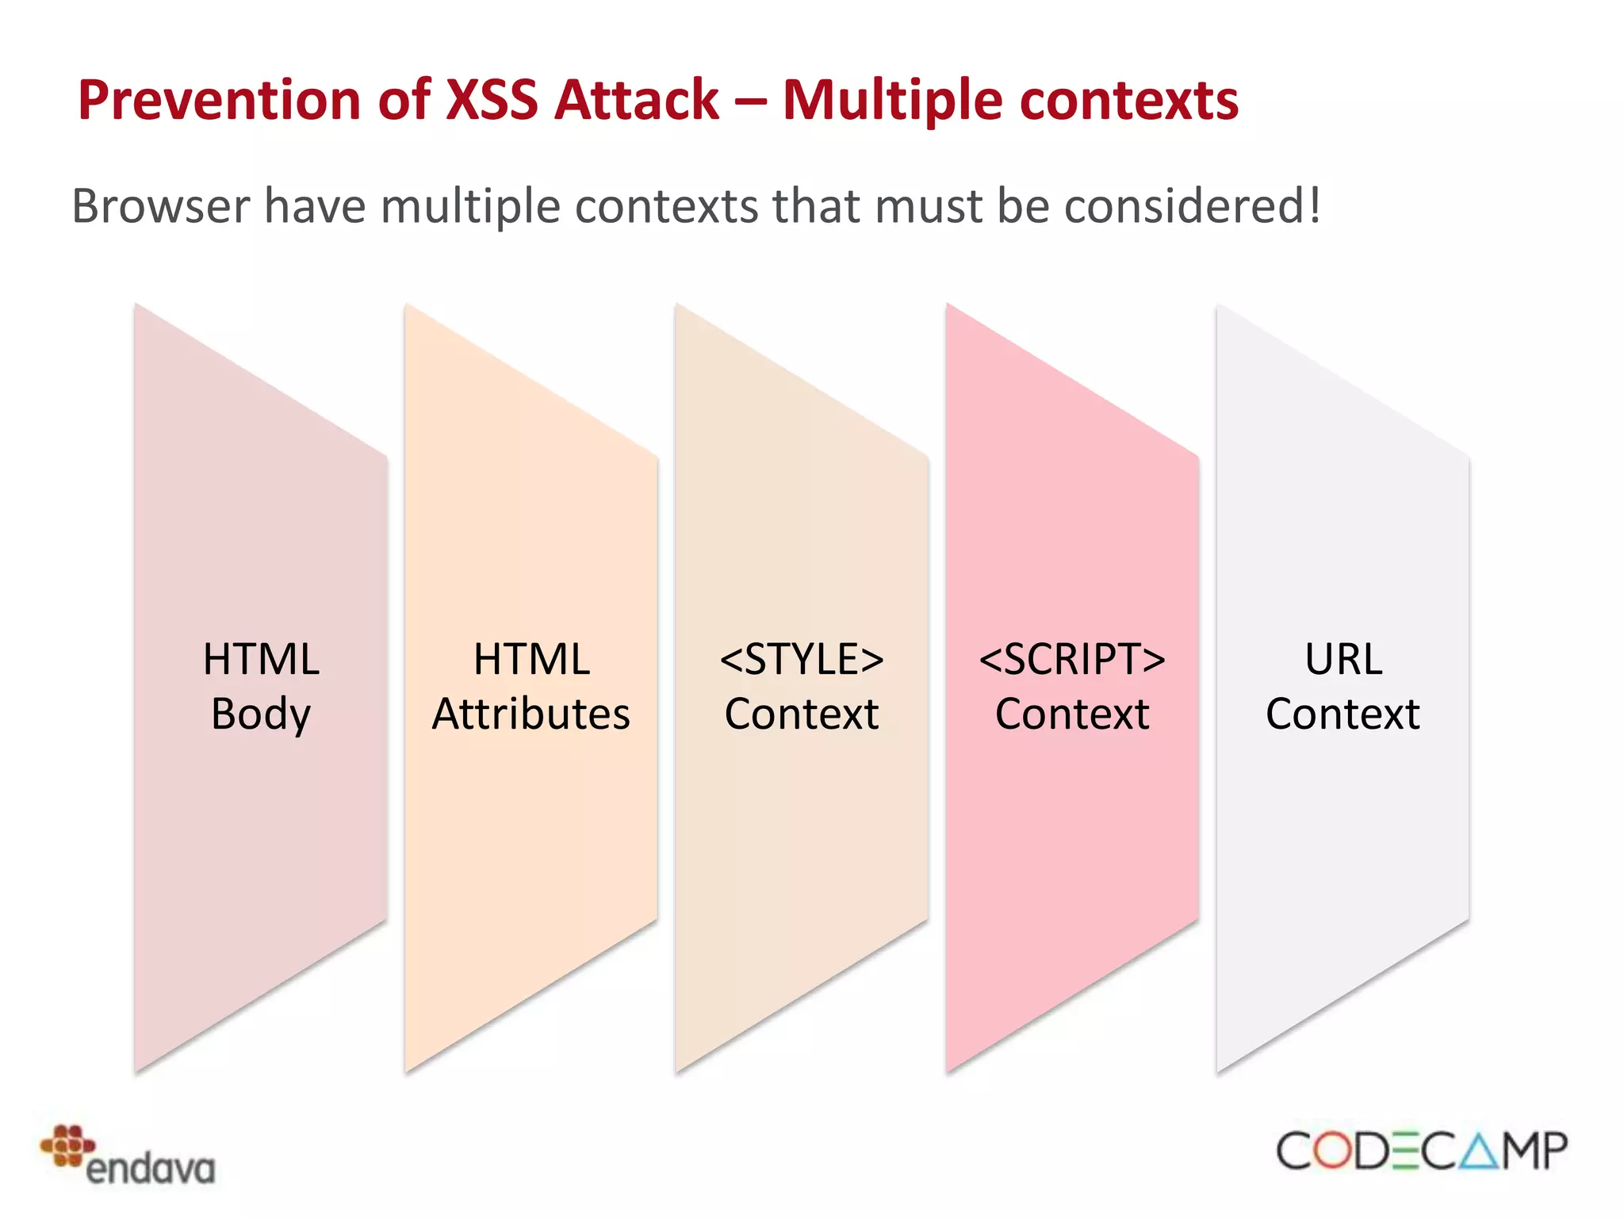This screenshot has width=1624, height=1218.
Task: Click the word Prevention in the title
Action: tap(219, 101)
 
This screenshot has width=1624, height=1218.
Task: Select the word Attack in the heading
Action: tap(636, 101)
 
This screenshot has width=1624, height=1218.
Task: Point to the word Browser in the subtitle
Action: tap(161, 206)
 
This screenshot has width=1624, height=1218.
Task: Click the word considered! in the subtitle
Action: tap(1192, 206)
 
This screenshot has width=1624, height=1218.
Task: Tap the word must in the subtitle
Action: tap(929, 206)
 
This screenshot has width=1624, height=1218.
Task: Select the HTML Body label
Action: tap(261, 686)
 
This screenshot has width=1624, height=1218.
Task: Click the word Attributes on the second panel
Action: tap(530, 714)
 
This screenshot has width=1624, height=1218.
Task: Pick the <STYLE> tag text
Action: tap(802, 659)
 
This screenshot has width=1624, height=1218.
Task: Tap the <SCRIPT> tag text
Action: tap(1072, 659)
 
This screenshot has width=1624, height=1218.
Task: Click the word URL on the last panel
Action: tap(1343, 659)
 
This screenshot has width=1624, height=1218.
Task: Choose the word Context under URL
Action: tap(1342, 714)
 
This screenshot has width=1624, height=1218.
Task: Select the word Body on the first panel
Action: tap(261, 714)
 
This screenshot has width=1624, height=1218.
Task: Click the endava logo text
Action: tap(151, 1169)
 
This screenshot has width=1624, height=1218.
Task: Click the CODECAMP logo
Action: tap(1421, 1151)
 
